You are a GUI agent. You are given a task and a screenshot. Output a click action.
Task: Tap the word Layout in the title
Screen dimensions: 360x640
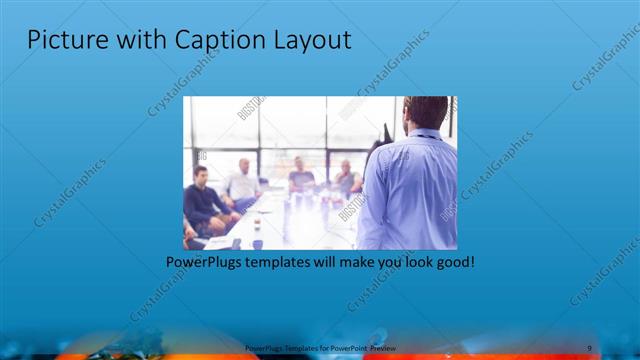pos(311,41)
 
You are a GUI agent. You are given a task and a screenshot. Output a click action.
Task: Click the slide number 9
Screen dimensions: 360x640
pos(589,347)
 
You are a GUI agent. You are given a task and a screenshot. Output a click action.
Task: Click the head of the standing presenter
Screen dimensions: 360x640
pos(427,112)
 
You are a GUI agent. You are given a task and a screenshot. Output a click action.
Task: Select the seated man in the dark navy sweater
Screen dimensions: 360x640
pos(203,200)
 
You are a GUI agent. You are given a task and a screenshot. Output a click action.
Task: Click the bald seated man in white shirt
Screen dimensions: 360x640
pos(243,180)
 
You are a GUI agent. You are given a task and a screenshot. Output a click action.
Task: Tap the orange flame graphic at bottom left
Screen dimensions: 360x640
pos(90,350)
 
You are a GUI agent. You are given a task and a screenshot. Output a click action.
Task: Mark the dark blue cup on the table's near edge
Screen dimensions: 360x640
pos(257,243)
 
